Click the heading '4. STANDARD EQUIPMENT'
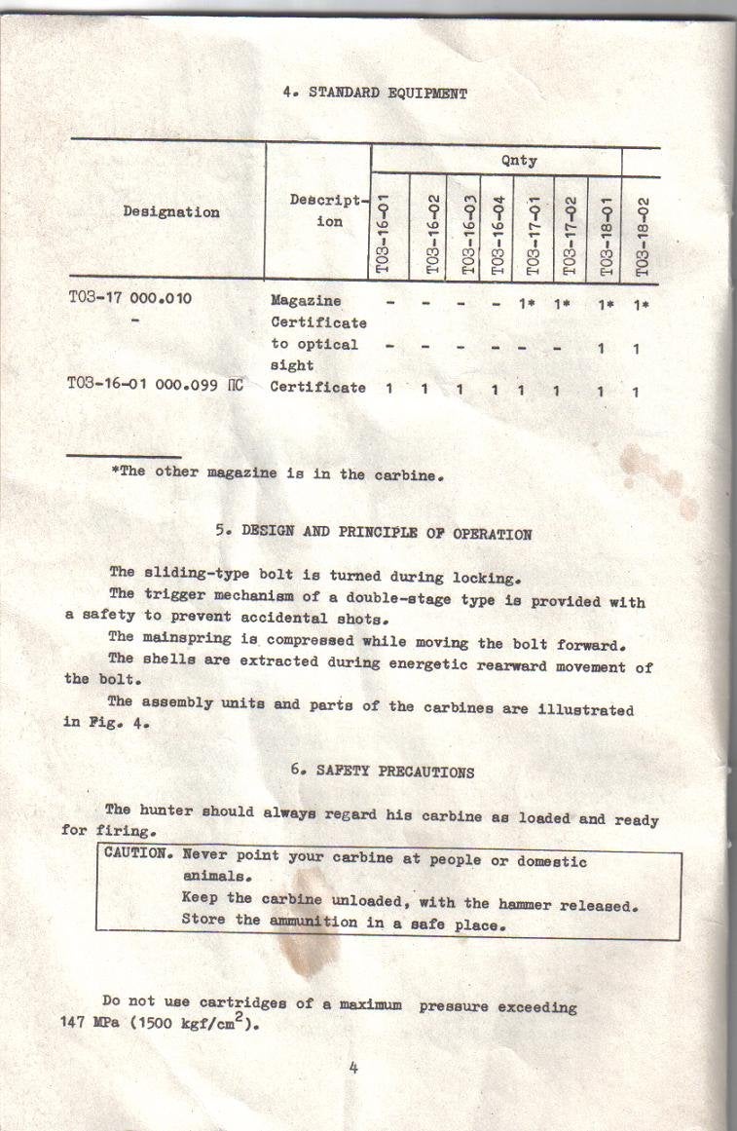click(375, 94)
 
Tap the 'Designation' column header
click(171, 212)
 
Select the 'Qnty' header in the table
click(518, 160)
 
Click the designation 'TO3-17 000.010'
click(130, 299)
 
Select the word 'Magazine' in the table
click(306, 301)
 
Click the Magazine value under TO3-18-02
click(640, 304)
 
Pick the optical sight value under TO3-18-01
click(603, 348)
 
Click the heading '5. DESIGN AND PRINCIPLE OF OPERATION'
click(374, 533)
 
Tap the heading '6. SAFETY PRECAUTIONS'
click(382, 772)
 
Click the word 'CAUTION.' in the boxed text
click(137, 854)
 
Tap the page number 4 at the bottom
click(353, 1067)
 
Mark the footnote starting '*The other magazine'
click(278, 474)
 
